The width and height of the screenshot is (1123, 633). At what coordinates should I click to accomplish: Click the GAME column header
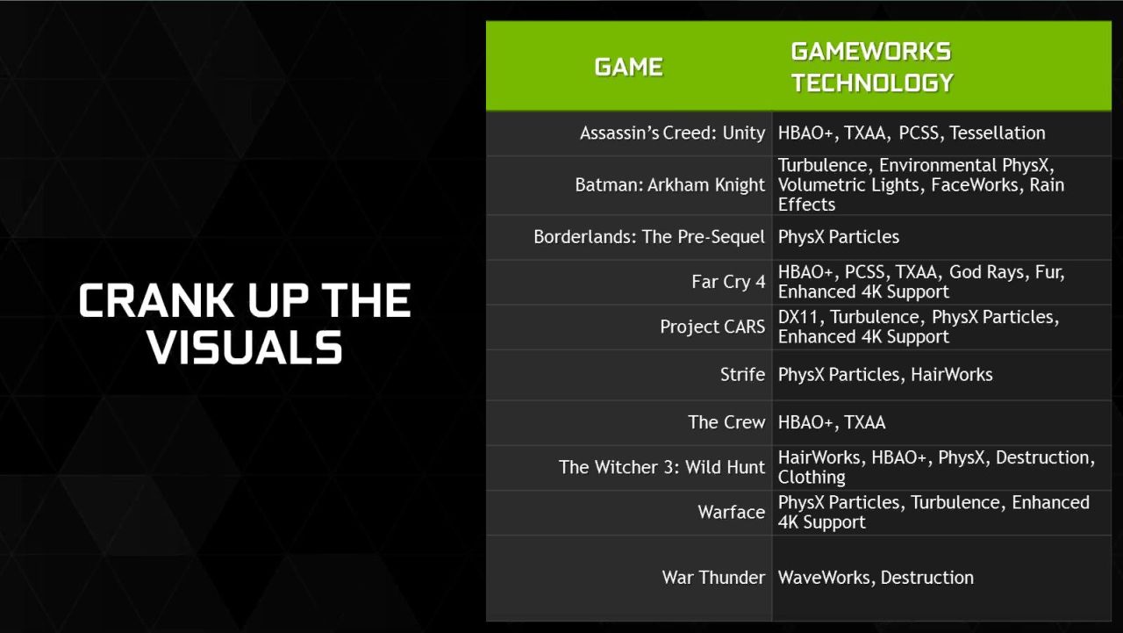(x=629, y=68)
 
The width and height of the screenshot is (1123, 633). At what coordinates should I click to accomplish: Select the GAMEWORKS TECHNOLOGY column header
(x=872, y=68)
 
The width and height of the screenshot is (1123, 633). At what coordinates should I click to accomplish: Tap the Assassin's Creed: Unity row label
(x=672, y=133)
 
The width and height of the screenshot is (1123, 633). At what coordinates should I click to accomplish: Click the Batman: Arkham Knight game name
(x=669, y=185)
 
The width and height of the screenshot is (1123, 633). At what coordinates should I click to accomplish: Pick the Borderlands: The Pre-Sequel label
(x=649, y=237)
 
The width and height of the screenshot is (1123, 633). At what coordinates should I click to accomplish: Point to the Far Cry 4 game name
(x=728, y=282)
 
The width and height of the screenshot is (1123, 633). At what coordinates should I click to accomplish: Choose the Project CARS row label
(x=712, y=327)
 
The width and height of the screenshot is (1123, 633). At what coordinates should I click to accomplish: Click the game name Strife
(x=742, y=375)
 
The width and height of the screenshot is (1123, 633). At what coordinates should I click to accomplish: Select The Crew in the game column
(x=726, y=422)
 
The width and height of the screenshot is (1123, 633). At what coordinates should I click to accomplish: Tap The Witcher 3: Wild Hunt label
(x=662, y=467)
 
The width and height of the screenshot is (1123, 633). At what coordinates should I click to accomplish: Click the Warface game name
(x=732, y=512)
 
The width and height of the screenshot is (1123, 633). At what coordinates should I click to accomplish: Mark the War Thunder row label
(x=713, y=578)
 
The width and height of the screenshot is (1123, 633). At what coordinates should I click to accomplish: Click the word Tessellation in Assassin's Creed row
(x=998, y=133)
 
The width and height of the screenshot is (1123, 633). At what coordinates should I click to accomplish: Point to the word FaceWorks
(x=975, y=185)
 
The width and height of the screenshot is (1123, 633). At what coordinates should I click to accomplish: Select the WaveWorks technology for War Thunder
(x=824, y=578)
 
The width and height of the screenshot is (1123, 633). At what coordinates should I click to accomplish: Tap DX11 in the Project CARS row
(x=798, y=317)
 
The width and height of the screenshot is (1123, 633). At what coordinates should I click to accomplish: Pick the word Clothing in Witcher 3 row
(x=812, y=477)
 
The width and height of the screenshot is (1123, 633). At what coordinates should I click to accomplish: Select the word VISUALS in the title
(x=245, y=347)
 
